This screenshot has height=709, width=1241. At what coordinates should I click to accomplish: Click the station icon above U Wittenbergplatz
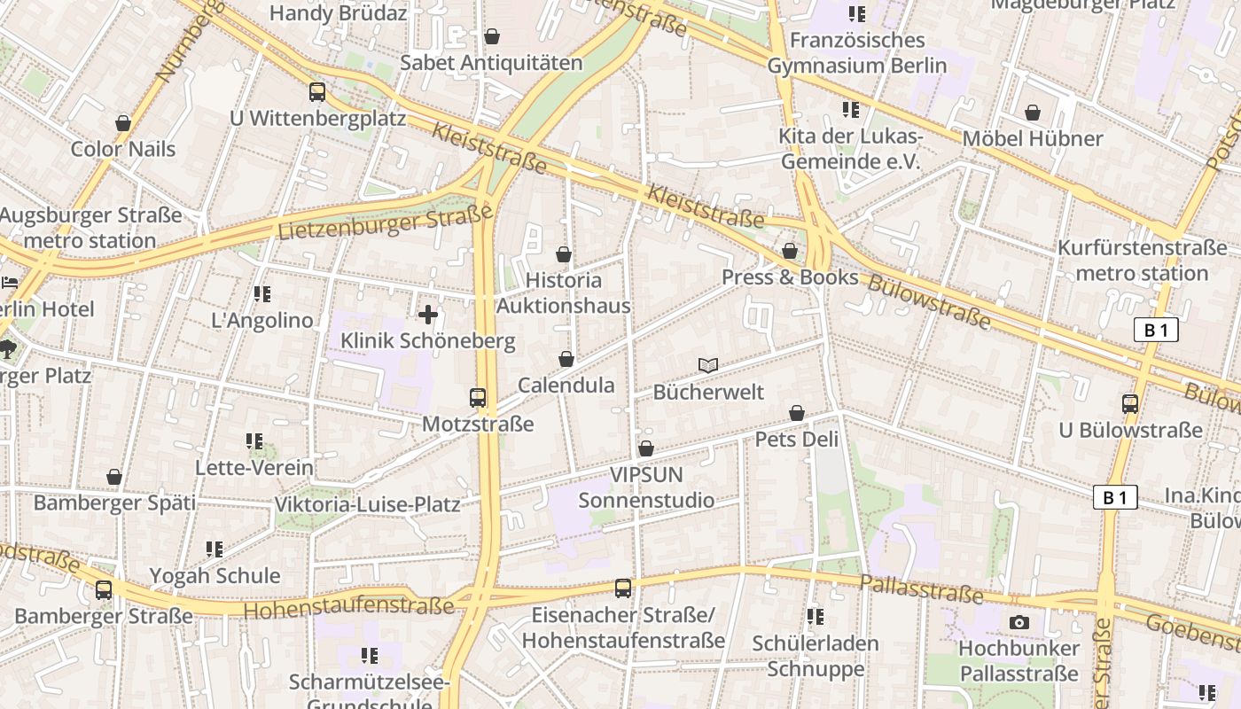pyautogui.click(x=317, y=92)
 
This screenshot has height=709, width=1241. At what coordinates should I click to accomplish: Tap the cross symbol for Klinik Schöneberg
pyautogui.click(x=428, y=315)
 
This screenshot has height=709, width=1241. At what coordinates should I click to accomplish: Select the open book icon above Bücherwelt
pyautogui.click(x=707, y=365)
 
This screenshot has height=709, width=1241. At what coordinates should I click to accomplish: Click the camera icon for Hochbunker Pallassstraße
pyautogui.click(x=1019, y=622)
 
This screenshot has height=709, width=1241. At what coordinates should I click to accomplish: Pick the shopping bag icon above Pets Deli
pyautogui.click(x=797, y=413)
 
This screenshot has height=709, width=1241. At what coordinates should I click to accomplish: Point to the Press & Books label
pyautogui.click(x=790, y=277)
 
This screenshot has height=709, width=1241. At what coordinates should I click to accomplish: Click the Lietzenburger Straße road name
pyautogui.click(x=385, y=222)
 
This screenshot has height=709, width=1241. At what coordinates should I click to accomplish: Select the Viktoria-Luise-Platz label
pyautogui.click(x=368, y=505)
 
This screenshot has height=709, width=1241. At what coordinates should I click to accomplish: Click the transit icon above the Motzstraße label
pyautogui.click(x=478, y=398)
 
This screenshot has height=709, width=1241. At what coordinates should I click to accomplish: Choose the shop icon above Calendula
pyautogui.click(x=566, y=359)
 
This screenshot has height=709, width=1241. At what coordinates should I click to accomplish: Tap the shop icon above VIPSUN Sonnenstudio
pyautogui.click(x=646, y=448)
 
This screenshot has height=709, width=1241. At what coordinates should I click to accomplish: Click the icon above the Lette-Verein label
pyautogui.click(x=254, y=440)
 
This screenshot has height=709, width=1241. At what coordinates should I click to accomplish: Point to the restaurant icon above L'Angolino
pyautogui.click(x=261, y=293)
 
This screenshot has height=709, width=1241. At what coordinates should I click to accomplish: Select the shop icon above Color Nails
pyautogui.click(x=123, y=122)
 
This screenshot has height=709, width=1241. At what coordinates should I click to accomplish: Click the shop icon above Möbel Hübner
pyautogui.click(x=1033, y=113)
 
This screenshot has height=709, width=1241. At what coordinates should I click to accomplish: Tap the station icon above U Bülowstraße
pyautogui.click(x=1130, y=404)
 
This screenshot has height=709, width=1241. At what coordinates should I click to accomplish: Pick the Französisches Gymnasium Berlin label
pyautogui.click(x=857, y=53)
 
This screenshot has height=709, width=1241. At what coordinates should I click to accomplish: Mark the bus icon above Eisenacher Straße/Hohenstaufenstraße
pyautogui.click(x=623, y=588)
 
